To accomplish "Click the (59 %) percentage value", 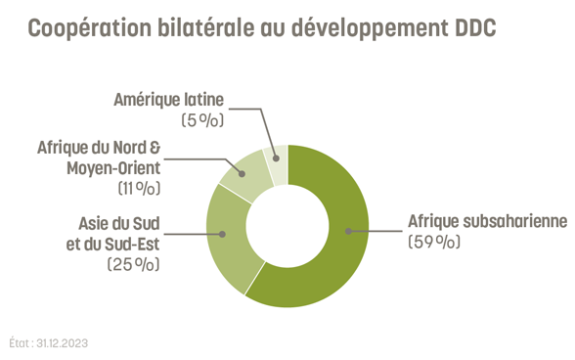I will (433, 242).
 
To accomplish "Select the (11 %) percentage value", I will (138, 188).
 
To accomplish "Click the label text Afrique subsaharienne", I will (487, 221).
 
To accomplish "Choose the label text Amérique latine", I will (169, 99).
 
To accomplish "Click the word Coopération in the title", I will (88, 29).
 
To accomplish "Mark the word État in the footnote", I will (19, 343).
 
